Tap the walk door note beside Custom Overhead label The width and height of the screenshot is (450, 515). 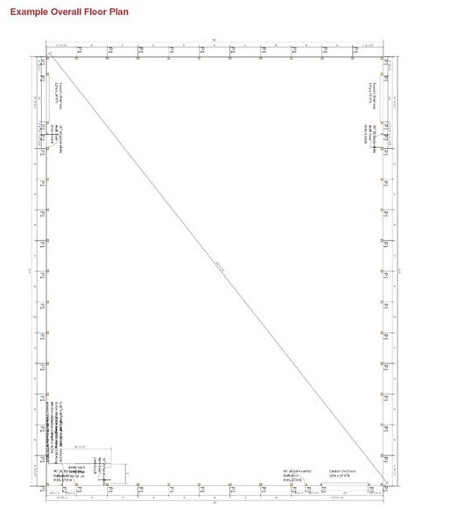[x=297, y=474]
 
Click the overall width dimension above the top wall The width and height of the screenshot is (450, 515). [x=216, y=39]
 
